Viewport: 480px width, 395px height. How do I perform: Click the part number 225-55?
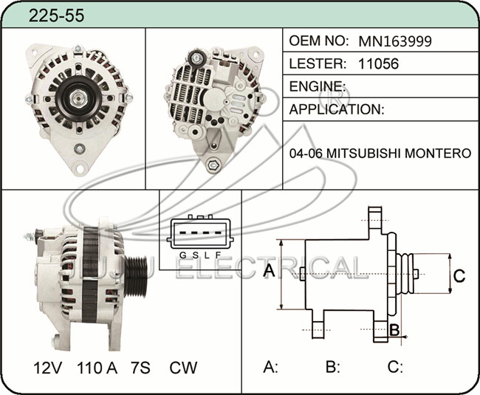coord(56,16)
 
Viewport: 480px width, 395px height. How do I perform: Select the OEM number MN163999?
coord(395,41)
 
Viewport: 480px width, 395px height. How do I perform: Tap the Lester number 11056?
coord(378,63)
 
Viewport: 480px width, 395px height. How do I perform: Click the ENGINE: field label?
coord(317,86)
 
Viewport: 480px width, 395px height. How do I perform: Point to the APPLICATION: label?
coord(337,109)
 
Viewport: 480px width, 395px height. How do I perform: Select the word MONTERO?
coord(438,153)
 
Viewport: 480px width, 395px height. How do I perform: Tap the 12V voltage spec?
coord(48,368)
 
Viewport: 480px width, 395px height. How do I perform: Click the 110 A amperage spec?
coord(97,368)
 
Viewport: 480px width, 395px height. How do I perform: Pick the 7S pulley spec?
coord(140,368)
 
